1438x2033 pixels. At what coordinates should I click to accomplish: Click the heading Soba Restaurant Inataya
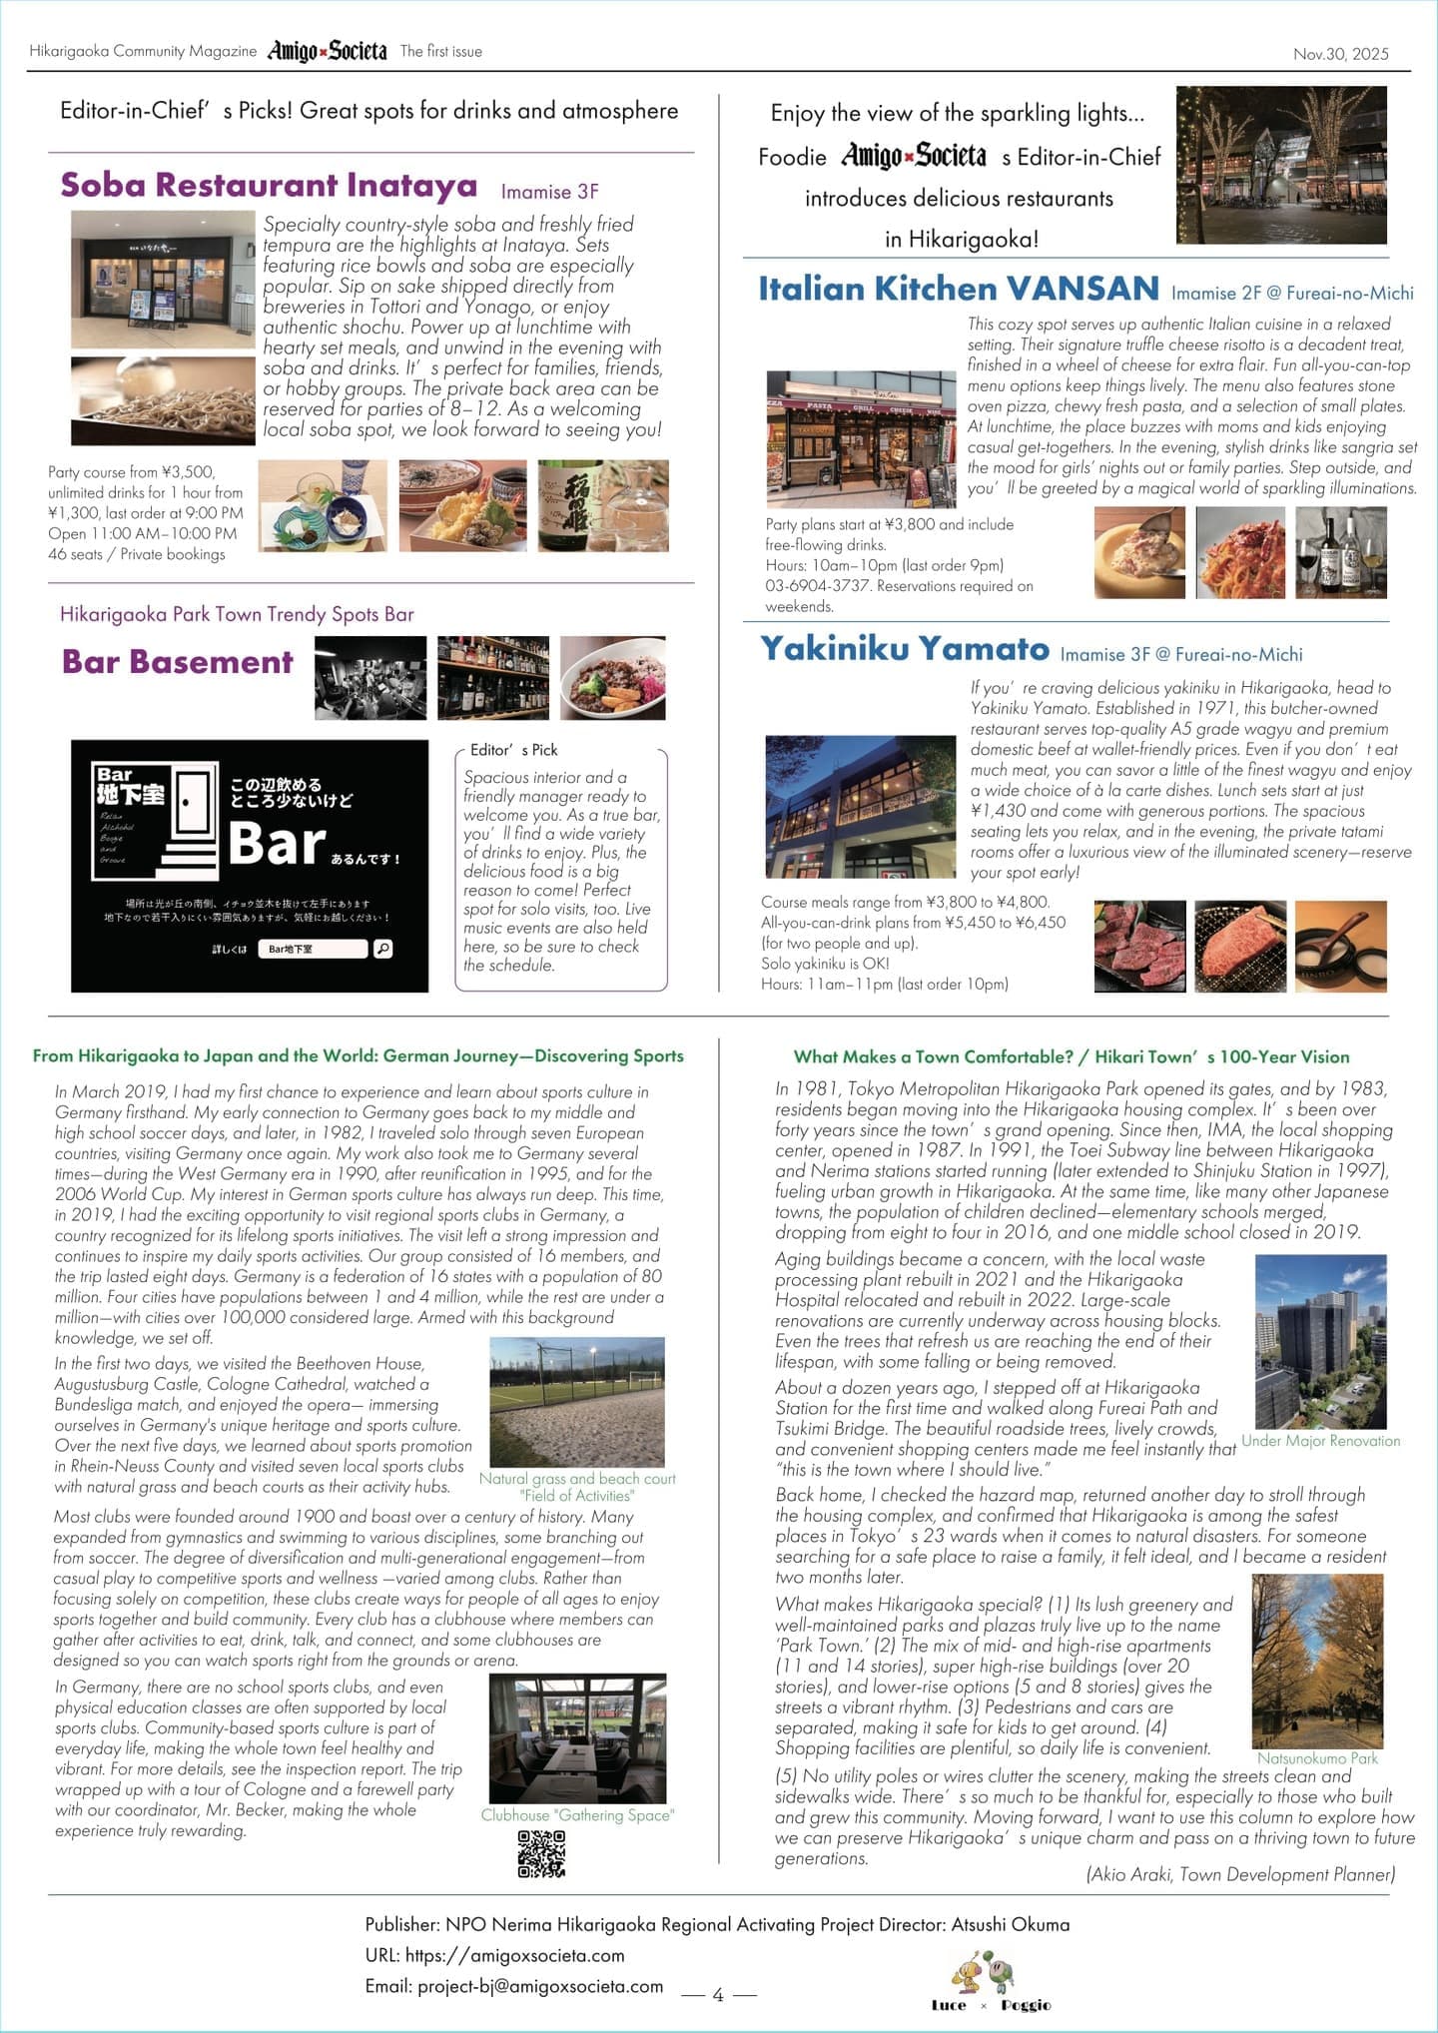(269, 186)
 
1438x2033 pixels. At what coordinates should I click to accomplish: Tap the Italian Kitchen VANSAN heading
(959, 290)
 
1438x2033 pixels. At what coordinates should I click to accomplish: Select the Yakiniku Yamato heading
(905, 650)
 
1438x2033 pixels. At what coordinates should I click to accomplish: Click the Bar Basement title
(178, 662)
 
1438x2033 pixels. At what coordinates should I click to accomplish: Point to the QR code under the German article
(541, 1854)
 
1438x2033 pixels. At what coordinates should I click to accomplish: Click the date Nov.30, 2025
(1340, 54)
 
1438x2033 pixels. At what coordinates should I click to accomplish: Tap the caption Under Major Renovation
(1320, 1441)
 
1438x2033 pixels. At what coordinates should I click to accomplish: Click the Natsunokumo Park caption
(1317, 1758)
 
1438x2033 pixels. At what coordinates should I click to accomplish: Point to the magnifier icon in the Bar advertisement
(382, 949)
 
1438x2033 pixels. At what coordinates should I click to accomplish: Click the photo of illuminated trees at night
(1281, 165)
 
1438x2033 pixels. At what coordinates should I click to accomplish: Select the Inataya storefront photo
(163, 280)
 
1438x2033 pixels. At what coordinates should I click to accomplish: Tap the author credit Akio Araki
(1240, 1874)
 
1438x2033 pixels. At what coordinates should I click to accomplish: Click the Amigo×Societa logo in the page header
(327, 51)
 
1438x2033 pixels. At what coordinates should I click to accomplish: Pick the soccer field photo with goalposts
(577, 1401)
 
